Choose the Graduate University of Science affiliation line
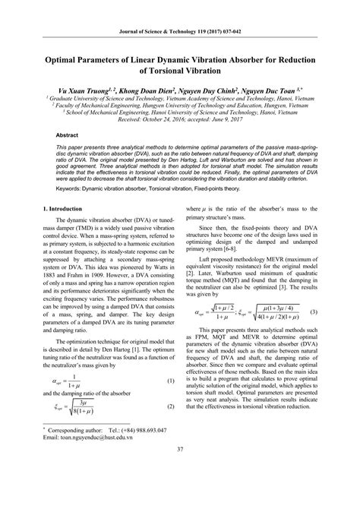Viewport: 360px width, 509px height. [x=180, y=100]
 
